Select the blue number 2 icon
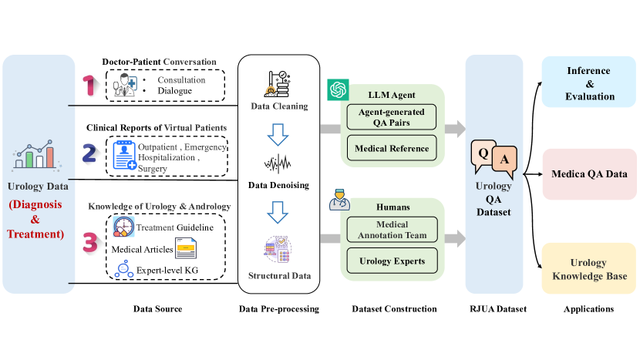[x=89, y=154]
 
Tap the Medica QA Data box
[x=589, y=174]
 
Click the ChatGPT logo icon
[x=338, y=89]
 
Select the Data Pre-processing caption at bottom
[x=279, y=309]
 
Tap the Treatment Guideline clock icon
[x=123, y=227]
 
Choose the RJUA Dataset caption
[x=494, y=309]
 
